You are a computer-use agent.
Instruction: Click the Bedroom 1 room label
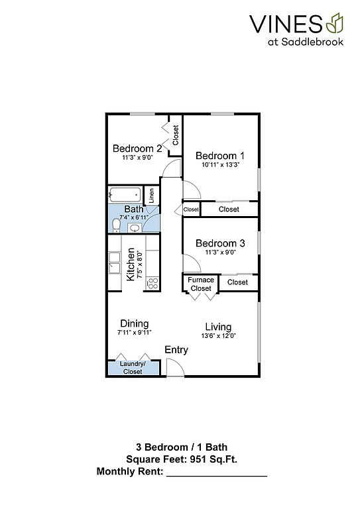[219, 156]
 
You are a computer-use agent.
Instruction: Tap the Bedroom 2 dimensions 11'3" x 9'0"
[137, 158]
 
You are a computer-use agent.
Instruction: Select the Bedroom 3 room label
[220, 243]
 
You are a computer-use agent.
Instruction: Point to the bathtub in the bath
[125, 195]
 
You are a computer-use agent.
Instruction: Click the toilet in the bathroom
[116, 225]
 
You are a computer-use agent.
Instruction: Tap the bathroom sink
[135, 228]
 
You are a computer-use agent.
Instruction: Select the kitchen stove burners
[152, 283]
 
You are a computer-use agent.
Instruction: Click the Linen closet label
[151, 196]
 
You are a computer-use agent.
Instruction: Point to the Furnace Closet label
[201, 284]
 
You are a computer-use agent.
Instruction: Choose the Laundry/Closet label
[133, 367]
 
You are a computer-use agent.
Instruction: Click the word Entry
[176, 350]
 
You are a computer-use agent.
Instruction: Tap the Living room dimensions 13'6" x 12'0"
[218, 336]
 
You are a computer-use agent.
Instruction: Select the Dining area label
[135, 323]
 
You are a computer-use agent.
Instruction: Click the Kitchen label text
[130, 264]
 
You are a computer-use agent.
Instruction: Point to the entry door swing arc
[178, 364]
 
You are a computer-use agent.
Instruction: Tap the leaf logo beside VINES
[334, 23]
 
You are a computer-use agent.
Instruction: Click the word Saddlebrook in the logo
[312, 42]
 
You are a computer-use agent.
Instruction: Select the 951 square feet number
[198, 459]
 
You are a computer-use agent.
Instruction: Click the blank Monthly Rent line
[217, 476]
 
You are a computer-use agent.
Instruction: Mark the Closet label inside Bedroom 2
[176, 135]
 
